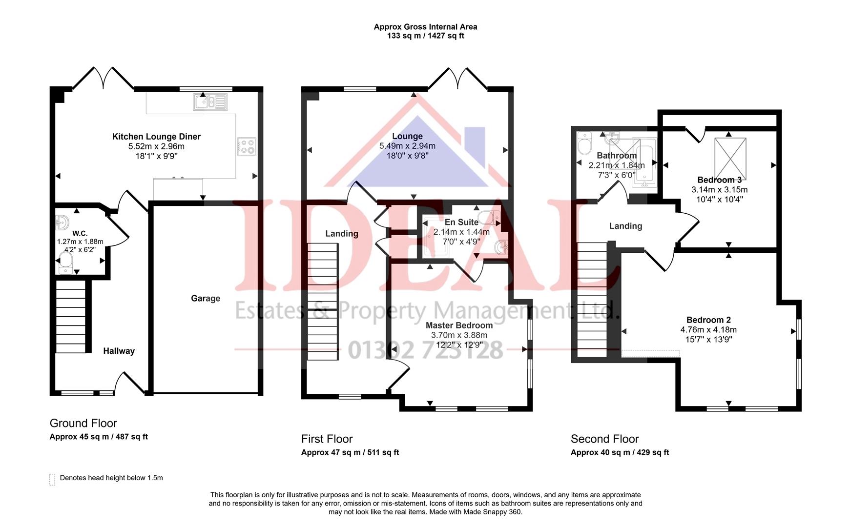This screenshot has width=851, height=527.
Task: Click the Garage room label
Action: click(205, 298)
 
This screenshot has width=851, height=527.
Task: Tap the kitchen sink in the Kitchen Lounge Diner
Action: click(210, 102)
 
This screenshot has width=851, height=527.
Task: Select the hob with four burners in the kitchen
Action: click(246, 146)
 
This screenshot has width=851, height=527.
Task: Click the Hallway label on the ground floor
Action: click(119, 351)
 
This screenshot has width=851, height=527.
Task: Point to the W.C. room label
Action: click(80, 233)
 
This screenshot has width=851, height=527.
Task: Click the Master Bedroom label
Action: click(459, 325)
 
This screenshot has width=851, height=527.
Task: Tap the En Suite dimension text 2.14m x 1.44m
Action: click(461, 232)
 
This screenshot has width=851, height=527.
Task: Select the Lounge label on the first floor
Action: click(407, 136)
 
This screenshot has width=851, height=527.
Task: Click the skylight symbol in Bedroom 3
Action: click(730, 159)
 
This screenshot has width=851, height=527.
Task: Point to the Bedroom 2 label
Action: click(708, 320)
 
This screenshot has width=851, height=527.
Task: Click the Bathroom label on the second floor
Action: click(617, 156)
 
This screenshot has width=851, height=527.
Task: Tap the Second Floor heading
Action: click(604, 439)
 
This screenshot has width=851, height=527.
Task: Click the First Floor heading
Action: click(327, 439)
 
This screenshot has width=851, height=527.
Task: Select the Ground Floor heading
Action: click(83, 423)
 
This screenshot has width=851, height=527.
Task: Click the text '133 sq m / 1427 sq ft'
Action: click(425, 36)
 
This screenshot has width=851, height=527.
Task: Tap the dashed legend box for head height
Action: click(52, 479)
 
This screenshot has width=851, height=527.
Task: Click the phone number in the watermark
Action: click(425, 350)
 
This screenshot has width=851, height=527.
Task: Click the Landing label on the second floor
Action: click(625, 226)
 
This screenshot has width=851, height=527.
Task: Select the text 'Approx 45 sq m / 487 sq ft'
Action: click(99, 437)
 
